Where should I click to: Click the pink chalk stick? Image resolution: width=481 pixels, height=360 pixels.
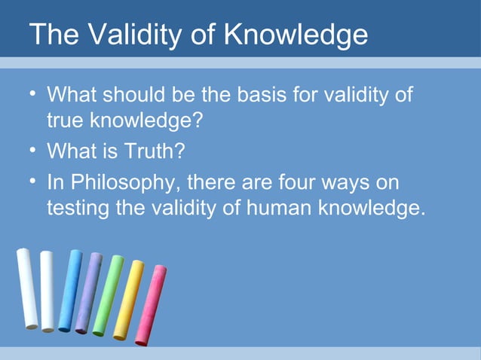point(151,305)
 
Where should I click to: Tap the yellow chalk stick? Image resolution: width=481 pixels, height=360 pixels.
point(128,299)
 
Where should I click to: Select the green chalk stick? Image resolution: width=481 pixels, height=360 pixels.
point(108,295)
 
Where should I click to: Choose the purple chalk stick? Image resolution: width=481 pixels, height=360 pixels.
point(88,292)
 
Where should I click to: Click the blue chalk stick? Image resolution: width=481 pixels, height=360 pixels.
point(69,290)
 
